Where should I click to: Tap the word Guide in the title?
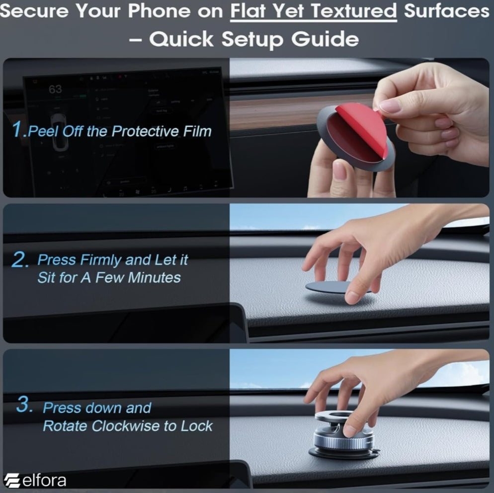click(325, 39)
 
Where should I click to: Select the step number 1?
click(18, 129)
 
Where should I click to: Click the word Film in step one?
click(197, 131)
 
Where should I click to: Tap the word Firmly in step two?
click(101, 260)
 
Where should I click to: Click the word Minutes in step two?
click(154, 277)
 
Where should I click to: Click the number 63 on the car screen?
click(56, 89)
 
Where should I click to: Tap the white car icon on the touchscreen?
click(59, 132)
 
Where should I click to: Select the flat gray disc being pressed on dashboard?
click(331, 287)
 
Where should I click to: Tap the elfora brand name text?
click(44, 481)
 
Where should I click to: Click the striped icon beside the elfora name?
click(12, 481)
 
